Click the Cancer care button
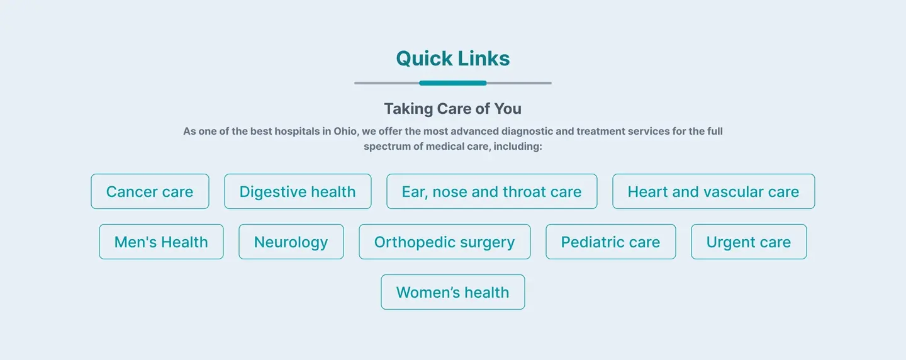[x=150, y=191]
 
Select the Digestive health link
[x=298, y=191]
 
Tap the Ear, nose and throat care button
[x=492, y=191]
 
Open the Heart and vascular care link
[x=713, y=191]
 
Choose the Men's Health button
[x=161, y=242]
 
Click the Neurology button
[x=291, y=242]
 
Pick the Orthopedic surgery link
[x=444, y=242]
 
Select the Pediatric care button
[x=611, y=242]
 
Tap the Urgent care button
[x=749, y=242]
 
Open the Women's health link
[x=453, y=292]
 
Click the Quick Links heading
[x=453, y=59]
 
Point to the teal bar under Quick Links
[x=453, y=83]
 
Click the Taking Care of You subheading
[x=453, y=109]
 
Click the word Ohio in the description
[x=345, y=132]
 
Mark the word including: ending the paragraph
[x=518, y=147]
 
